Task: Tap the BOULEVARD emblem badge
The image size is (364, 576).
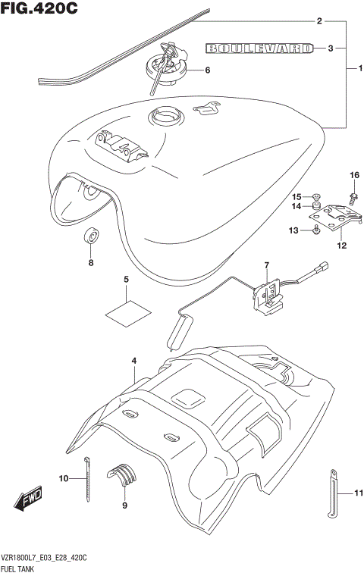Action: [x=259, y=49]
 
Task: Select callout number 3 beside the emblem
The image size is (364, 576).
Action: [x=331, y=49]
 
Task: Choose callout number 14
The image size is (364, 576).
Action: [x=297, y=206]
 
